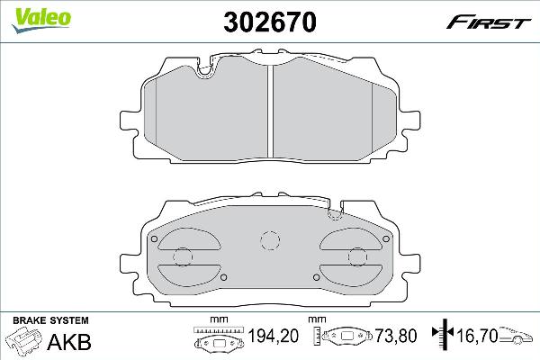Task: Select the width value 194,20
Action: point(274,337)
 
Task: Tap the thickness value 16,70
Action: point(476,337)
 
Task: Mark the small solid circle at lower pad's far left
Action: point(155,238)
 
